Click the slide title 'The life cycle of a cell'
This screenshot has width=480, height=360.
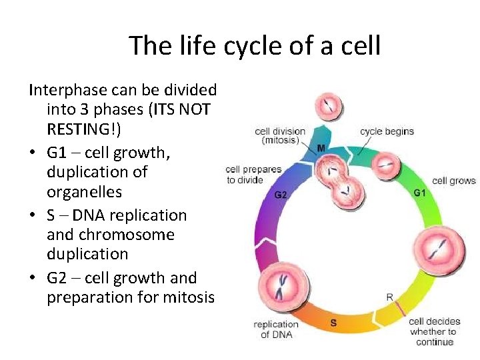click(x=255, y=46)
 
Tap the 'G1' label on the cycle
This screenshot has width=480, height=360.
click(x=419, y=193)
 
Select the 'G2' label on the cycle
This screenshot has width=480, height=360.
click(x=281, y=195)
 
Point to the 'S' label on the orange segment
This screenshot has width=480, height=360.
click(x=333, y=323)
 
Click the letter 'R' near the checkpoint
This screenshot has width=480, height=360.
click(x=389, y=296)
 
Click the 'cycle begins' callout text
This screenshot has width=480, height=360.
click(x=387, y=131)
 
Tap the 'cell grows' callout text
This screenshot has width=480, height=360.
click(x=453, y=181)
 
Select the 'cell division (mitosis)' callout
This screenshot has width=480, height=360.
click(x=280, y=136)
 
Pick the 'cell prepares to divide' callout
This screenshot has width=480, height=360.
click(x=253, y=175)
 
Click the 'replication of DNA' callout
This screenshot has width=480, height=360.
click(x=276, y=329)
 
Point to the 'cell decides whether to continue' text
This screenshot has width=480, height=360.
click(x=433, y=331)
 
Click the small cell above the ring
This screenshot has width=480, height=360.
click(x=327, y=107)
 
